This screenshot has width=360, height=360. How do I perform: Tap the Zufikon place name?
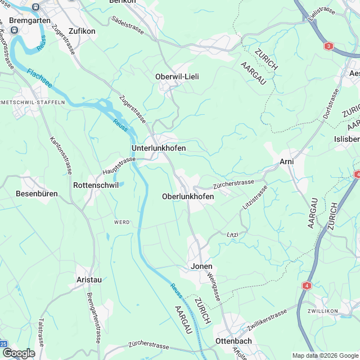(x=82, y=31)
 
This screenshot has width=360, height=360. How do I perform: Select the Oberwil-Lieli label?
(x=177, y=76)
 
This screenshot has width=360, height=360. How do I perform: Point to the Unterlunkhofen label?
(x=158, y=148)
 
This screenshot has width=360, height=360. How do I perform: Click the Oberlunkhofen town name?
(x=187, y=196)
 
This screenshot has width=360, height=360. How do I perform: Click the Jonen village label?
(x=202, y=266)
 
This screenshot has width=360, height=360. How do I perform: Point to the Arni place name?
(x=287, y=162)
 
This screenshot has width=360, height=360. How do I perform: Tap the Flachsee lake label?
(x=40, y=76)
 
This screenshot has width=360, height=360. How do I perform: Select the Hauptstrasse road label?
(x=119, y=165)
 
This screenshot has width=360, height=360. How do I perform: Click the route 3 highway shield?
(x=328, y=46)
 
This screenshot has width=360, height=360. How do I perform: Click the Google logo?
(x=19, y=353)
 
